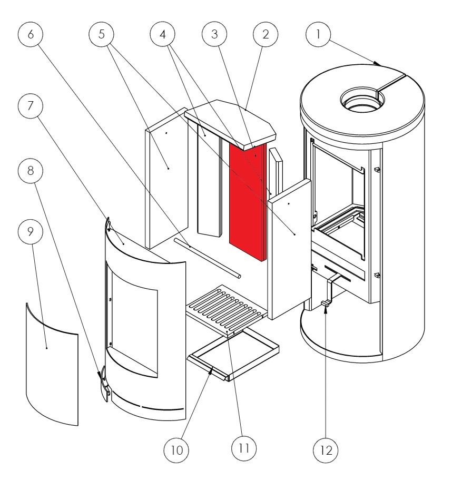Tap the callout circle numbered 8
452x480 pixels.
31,171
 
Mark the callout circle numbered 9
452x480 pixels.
31,231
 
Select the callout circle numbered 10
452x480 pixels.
176,450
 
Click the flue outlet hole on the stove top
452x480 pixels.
360,99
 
